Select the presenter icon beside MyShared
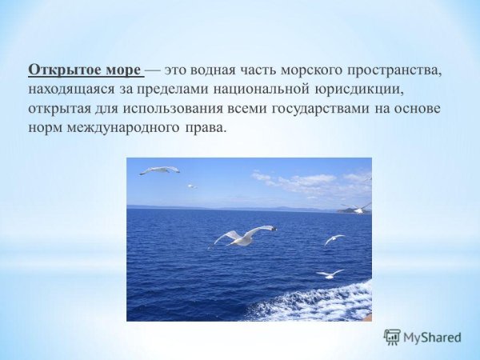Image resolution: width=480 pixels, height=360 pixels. (x=392, y=337)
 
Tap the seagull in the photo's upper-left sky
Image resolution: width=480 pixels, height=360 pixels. (x=159, y=170)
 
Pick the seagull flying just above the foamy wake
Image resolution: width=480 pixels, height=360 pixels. (x=330, y=274)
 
